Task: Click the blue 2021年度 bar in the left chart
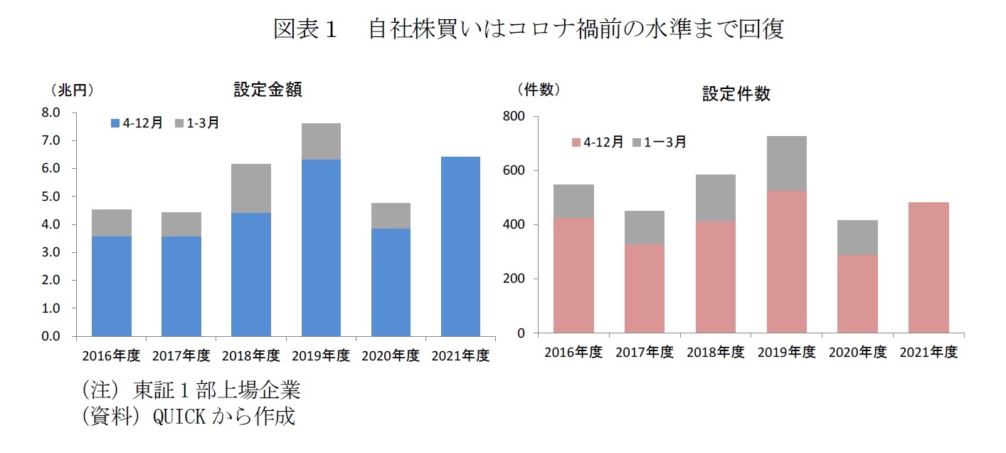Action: [460, 246]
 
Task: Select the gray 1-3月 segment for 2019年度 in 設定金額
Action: [321, 141]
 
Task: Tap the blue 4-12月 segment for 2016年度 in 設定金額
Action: [112, 286]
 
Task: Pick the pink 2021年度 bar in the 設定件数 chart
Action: [928, 267]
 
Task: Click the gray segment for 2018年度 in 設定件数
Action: [715, 198]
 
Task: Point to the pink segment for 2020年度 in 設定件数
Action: [857, 293]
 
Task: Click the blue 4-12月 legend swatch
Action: [115, 123]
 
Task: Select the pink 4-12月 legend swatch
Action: [576, 142]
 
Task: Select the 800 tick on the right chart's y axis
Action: [516, 117]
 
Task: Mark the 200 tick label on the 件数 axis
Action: [516, 279]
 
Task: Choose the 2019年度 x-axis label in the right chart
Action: [786, 353]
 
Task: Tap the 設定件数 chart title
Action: [736, 94]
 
